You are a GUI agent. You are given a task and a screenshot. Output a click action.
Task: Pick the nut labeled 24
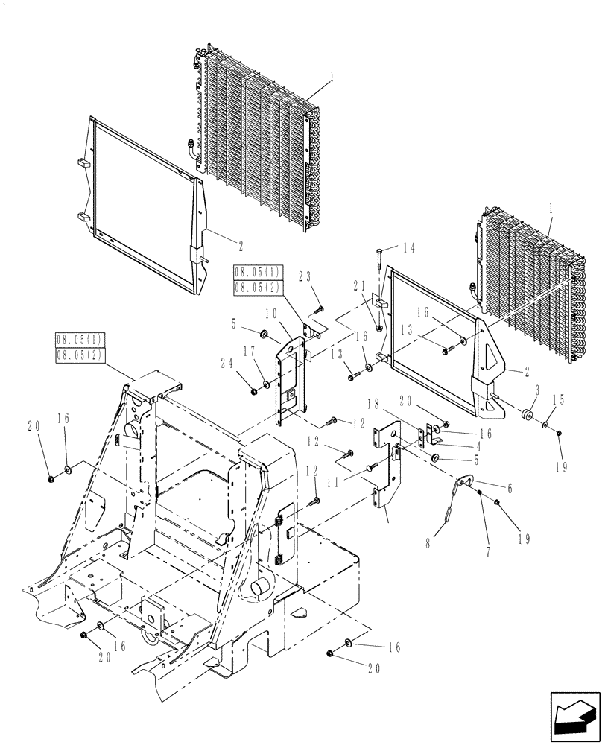pyautogui.click(x=255, y=389)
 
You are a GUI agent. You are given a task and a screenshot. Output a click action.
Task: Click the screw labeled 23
pyautogui.click(x=318, y=307)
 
